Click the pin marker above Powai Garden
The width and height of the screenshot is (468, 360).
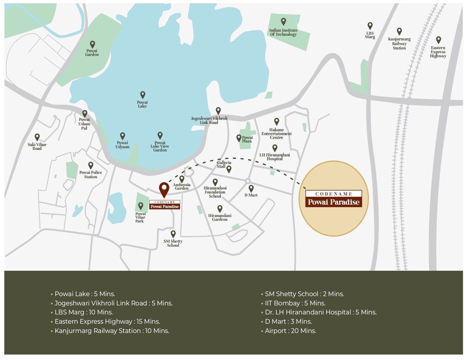(x=93, y=44)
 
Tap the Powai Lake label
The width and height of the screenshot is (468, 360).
(x=142, y=104)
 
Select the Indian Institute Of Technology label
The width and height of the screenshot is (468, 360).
(x=283, y=32)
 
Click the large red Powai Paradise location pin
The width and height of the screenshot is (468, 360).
(x=164, y=190)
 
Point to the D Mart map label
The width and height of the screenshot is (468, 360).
(x=251, y=195)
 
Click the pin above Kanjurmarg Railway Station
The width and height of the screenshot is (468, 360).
(x=399, y=31)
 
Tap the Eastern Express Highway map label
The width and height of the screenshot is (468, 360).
(x=438, y=52)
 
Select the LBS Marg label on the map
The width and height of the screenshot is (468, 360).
(x=370, y=35)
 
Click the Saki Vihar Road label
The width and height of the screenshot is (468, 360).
(x=37, y=147)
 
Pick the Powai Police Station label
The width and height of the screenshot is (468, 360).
(x=91, y=175)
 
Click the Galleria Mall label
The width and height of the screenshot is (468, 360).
(x=224, y=165)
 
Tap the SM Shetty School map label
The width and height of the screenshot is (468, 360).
(x=173, y=243)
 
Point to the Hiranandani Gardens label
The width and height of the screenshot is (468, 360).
(x=220, y=217)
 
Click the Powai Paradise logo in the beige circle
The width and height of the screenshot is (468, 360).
(x=333, y=199)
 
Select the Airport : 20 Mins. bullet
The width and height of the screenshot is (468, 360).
(x=290, y=331)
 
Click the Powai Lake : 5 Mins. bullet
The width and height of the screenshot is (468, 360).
(x=85, y=294)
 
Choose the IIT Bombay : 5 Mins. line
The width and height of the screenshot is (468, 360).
(x=295, y=303)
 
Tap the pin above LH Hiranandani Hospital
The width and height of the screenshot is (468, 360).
(x=275, y=148)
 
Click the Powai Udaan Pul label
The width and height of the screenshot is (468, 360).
(x=84, y=124)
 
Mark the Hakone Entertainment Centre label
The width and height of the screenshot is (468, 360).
(x=276, y=134)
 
